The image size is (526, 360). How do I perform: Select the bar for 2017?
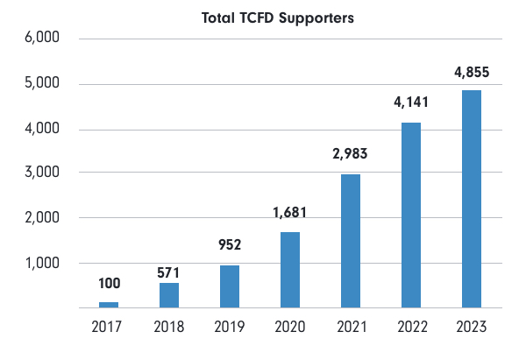109,305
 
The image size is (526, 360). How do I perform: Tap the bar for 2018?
169,295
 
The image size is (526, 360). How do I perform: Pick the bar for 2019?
230,286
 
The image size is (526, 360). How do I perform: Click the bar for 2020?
289,270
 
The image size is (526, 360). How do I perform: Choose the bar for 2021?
350,241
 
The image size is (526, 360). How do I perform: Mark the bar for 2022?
410,215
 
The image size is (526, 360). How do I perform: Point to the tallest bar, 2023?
471,199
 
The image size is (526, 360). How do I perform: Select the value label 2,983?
350,155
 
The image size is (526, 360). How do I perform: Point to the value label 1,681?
289,213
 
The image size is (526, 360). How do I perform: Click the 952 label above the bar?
230,247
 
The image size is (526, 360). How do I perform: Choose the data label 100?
109,284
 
